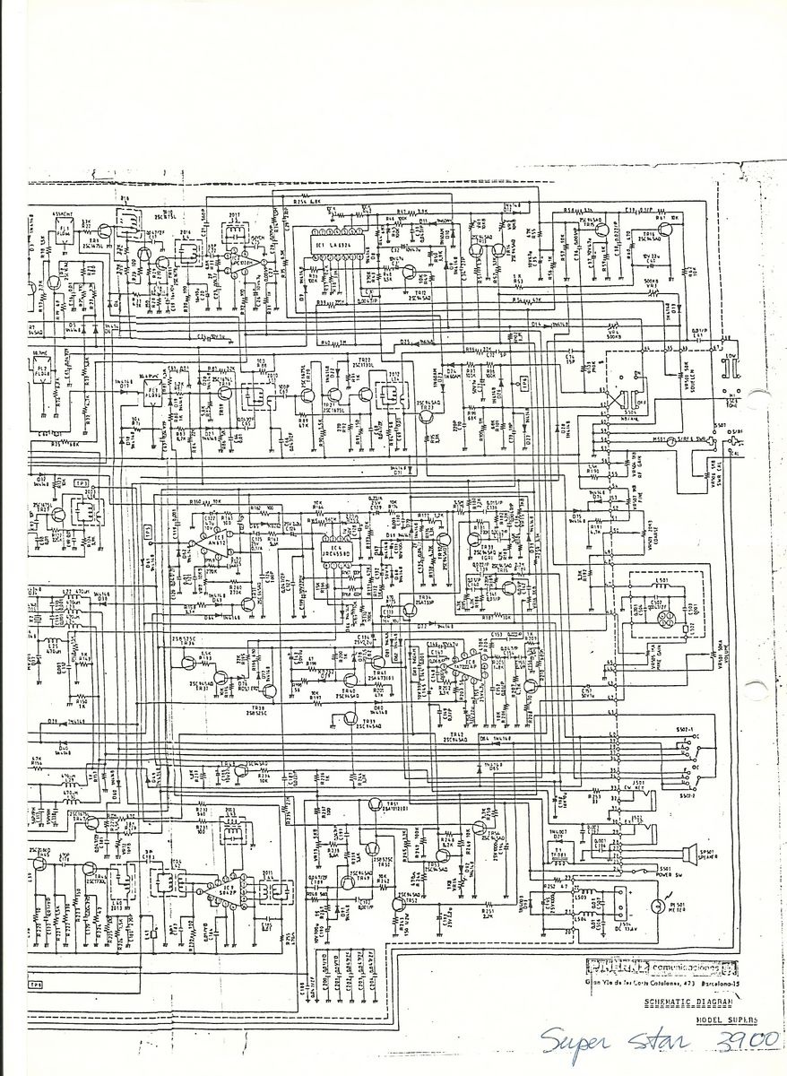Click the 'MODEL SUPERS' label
point(725,1020)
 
